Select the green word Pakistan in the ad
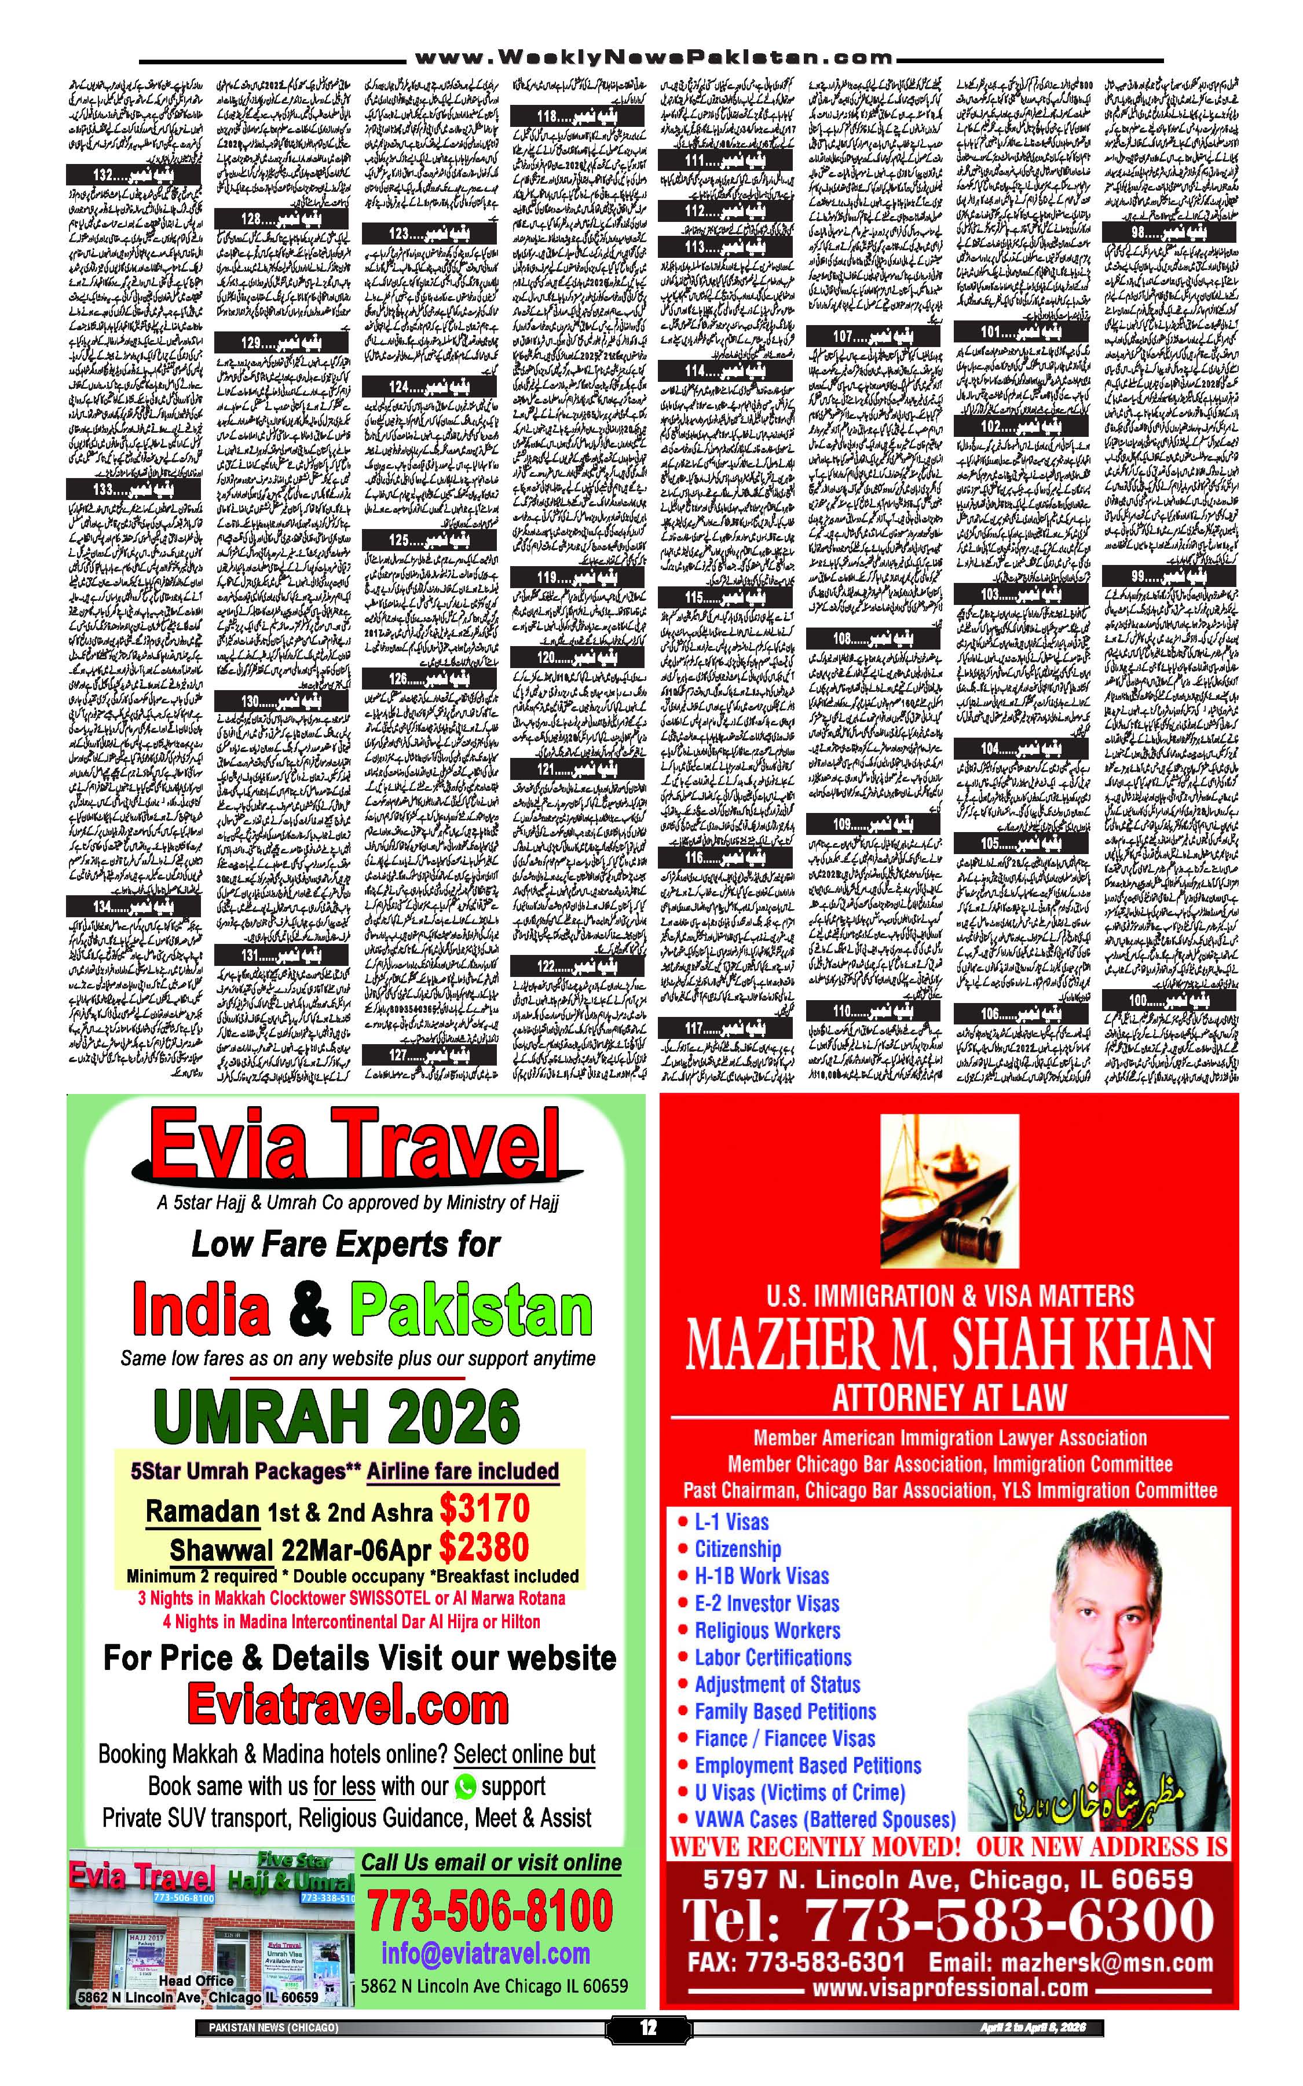click(x=471, y=1311)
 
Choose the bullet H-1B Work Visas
click(x=761, y=1576)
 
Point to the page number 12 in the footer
click(x=648, y=2028)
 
